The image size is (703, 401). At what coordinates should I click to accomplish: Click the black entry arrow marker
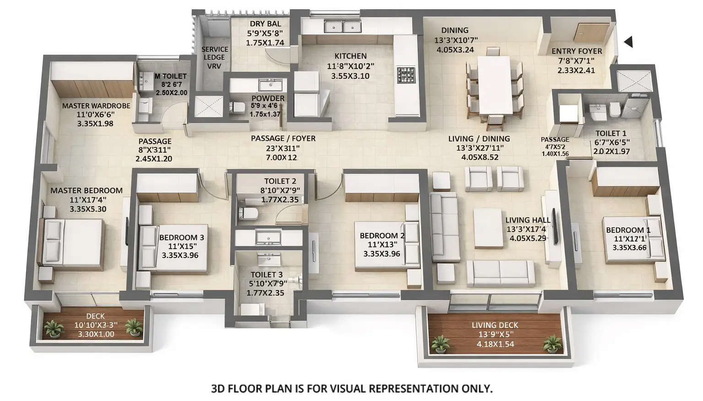629,42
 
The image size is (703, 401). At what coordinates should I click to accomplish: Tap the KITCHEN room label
350,56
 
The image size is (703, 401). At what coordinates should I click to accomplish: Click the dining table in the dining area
494,85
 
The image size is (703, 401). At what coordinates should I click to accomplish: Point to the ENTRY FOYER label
576,51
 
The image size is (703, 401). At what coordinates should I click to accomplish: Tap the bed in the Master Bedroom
73,242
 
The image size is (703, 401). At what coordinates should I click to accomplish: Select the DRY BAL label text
265,24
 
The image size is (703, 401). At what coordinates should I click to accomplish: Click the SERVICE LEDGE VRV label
214,58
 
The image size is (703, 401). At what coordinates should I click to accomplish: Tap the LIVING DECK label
495,325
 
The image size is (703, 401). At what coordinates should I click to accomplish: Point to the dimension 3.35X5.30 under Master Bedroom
88,209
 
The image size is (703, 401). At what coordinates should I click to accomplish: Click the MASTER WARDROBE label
96,106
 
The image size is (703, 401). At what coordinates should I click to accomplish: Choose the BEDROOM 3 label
181,237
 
